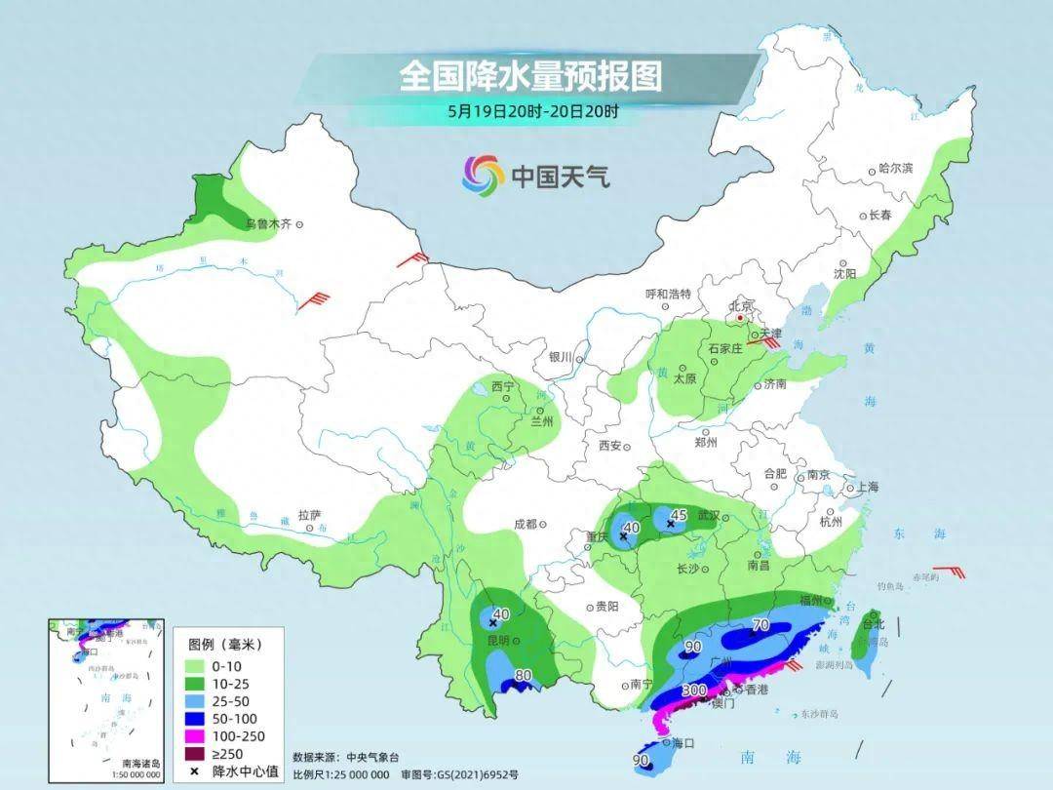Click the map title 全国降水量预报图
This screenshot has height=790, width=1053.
(x=530, y=76)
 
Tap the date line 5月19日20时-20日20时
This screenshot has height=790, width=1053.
(x=533, y=111)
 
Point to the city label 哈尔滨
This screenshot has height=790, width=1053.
(x=895, y=169)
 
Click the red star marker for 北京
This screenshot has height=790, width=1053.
(x=741, y=317)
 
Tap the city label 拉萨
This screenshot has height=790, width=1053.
(x=309, y=514)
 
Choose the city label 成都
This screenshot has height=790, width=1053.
(x=525, y=524)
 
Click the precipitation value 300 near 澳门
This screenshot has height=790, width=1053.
(x=694, y=691)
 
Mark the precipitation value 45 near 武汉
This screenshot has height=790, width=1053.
(x=681, y=514)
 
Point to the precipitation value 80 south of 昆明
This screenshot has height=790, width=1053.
(x=523, y=675)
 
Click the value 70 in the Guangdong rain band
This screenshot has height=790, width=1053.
(x=760, y=625)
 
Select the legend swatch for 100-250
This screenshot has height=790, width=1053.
(x=196, y=735)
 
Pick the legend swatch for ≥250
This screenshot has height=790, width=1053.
(x=196, y=753)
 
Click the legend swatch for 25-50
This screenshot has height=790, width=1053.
(x=196, y=700)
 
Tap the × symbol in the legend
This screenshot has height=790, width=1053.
(x=196, y=771)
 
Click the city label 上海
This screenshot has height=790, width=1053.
(x=865, y=487)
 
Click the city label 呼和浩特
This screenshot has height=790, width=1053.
(x=668, y=294)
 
